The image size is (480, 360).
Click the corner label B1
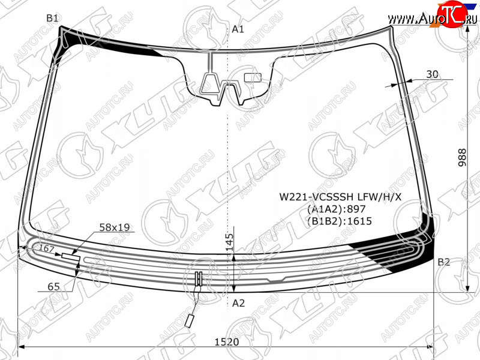click(x=52, y=19)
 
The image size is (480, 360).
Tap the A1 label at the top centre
click(x=238, y=29)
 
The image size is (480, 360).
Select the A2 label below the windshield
click(x=238, y=303)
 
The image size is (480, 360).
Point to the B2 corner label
click(x=443, y=262)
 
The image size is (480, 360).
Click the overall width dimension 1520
click(x=227, y=341)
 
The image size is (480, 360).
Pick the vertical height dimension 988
click(x=462, y=157)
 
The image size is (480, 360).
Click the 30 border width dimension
click(x=432, y=74)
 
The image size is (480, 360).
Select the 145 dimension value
click(x=229, y=242)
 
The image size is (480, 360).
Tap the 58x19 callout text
click(x=115, y=227)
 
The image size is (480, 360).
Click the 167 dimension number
click(x=47, y=248)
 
